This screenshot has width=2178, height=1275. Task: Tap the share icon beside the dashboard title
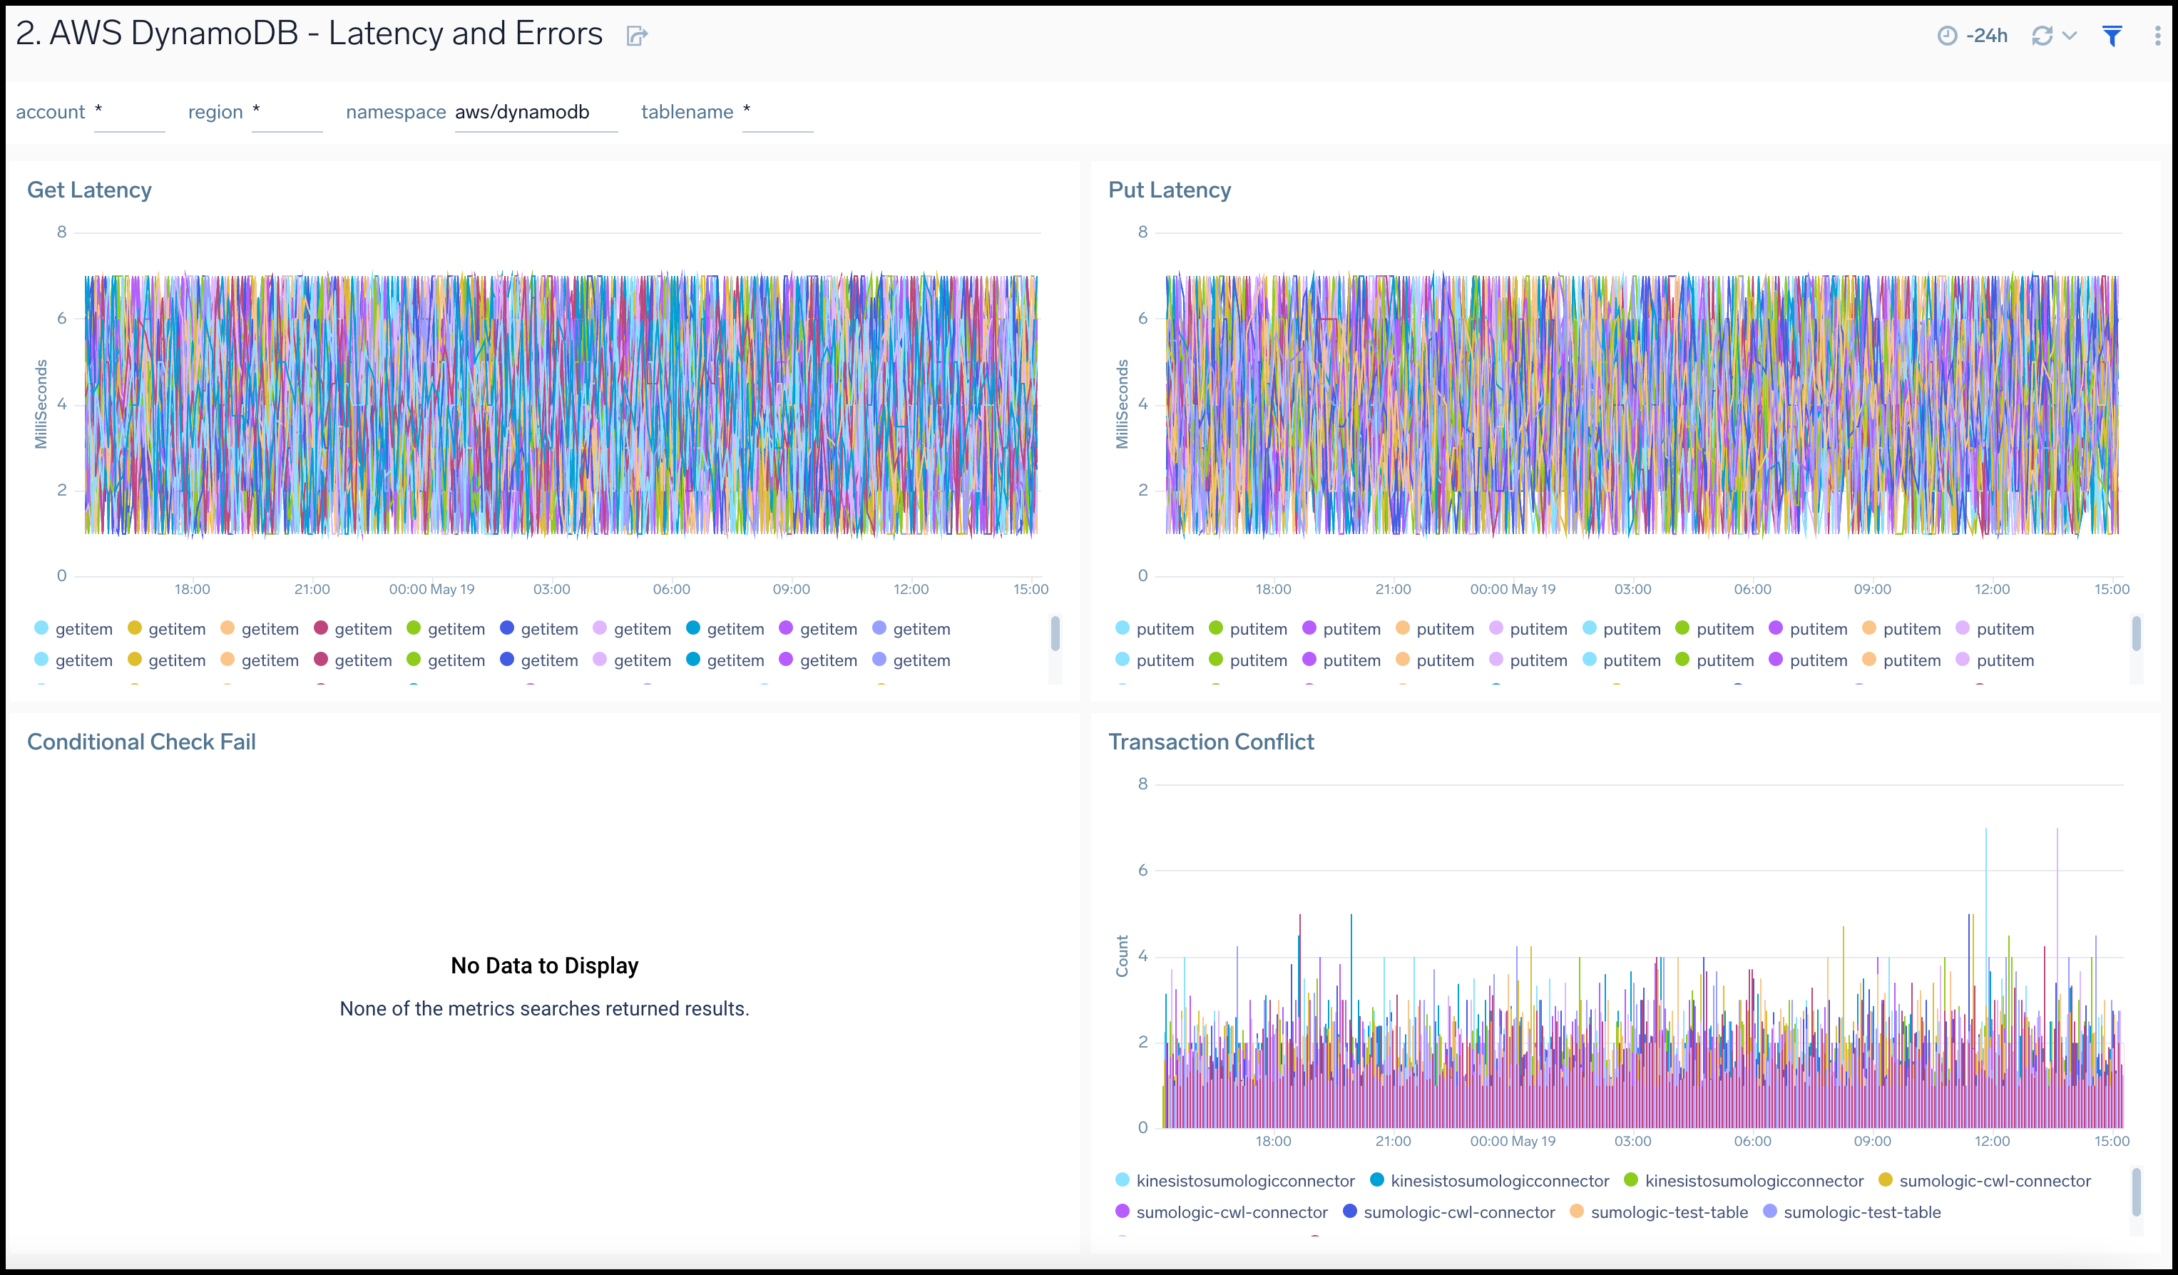636,36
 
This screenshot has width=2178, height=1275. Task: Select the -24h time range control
1973,36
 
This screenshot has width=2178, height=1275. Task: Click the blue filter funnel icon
2112,36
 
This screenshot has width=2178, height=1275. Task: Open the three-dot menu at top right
2157,36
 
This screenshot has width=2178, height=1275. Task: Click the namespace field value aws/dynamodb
522,113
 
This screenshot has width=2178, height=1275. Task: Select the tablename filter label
686,113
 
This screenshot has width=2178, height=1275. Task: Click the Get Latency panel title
89,190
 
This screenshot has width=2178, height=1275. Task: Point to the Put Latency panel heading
1170,190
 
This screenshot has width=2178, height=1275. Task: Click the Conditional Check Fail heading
141,742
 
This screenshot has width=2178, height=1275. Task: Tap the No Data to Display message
545,966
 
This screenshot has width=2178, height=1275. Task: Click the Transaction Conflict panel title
1211,742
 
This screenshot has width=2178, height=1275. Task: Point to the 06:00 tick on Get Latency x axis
672,590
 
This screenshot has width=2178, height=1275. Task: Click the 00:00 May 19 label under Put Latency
1513,590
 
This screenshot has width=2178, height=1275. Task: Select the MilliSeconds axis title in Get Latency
41,404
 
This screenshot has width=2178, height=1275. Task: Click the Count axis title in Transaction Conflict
1122,956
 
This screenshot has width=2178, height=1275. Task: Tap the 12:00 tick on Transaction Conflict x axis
1992,1141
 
